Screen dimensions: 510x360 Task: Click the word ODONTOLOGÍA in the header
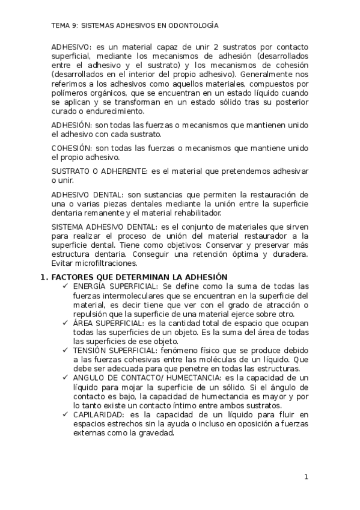(194, 26)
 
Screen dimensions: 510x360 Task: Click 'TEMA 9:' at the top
(65, 26)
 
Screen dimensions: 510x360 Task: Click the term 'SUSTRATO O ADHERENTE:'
(99, 171)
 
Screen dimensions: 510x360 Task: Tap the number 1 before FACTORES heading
(42, 277)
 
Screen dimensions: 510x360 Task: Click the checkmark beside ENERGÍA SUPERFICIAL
(64, 286)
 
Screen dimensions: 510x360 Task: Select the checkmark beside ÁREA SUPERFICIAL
(64, 322)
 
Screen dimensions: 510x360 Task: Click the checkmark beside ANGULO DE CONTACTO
(64, 377)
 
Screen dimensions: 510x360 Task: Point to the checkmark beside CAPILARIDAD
(64, 414)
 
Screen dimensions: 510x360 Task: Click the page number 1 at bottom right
(306, 478)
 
